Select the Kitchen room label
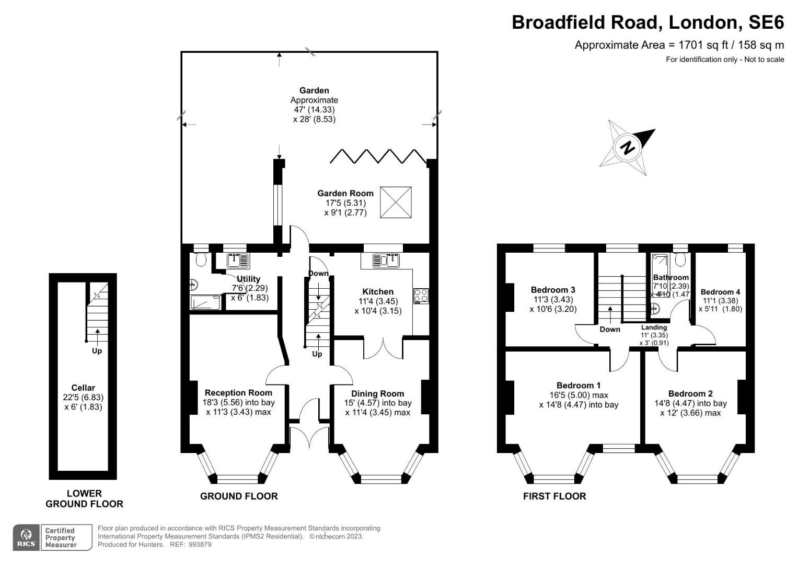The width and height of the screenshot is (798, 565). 378,292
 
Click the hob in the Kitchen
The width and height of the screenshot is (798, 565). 421,296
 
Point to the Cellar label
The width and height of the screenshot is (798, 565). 83,388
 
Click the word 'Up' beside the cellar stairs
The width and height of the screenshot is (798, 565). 97,351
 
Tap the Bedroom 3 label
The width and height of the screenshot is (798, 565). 553,290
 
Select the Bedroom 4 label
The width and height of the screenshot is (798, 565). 720,292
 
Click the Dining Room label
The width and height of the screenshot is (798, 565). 377,393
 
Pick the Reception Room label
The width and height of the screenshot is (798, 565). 238,392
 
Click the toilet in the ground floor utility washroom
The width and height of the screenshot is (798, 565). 200,258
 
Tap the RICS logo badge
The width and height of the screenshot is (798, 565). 26,537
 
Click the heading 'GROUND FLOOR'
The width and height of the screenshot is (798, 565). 239,496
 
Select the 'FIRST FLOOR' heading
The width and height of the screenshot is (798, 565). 554,496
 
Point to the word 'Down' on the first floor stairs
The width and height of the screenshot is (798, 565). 610,329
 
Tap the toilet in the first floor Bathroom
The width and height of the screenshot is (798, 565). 680,259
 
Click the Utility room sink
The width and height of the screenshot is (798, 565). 238,259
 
